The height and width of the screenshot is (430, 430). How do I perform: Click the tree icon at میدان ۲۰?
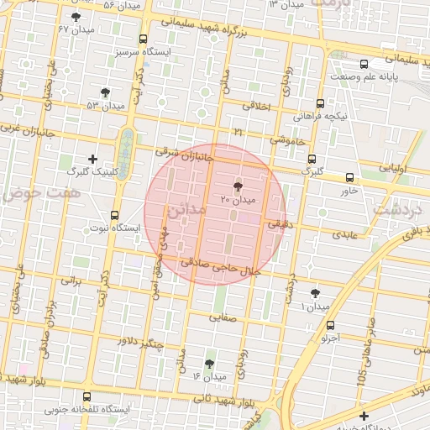coord(238,186)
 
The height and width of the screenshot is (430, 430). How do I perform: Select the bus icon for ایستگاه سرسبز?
coord(143,39)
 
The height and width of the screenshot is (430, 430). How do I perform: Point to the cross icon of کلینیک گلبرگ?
coord(92,159)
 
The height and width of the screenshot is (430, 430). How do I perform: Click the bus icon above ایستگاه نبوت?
coord(114,216)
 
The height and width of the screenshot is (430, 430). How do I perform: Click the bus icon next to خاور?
coord(349,177)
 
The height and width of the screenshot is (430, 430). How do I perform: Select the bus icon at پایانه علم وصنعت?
coord(363,64)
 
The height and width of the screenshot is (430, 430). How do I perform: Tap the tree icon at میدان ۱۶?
coord(209,364)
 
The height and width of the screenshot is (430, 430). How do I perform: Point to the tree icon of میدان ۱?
coord(315,293)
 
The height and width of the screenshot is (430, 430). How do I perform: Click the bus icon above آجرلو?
coord(330,325)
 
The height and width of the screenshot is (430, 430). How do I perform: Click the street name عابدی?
coord(344,234)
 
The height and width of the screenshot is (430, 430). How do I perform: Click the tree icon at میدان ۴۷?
coord(76,16)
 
